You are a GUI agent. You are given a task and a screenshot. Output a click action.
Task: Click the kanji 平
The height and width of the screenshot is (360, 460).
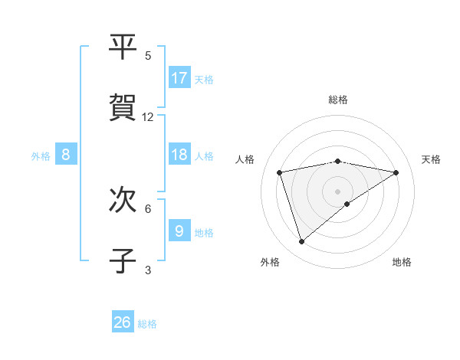click(x=123, y=47)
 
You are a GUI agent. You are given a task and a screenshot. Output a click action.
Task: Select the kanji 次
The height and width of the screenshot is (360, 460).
click(x=123, y=201)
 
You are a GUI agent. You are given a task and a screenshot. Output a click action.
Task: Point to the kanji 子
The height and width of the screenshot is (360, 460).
click(x=123, y=260)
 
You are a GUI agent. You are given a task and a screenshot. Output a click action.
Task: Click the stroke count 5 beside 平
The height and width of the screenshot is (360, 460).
click(x=148, y=55)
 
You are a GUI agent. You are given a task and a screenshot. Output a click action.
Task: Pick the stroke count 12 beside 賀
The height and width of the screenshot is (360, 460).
click(x=148, y=116)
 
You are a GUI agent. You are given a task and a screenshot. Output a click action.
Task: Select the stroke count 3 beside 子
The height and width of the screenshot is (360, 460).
click(x=148, y=270)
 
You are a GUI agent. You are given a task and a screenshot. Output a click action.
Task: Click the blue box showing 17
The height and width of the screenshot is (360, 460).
click(x=179, y=78)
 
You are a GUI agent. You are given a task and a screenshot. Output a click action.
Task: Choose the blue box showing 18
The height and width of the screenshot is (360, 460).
click(x=179, y=155)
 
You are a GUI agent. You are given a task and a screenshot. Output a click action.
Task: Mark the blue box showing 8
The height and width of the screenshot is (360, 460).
click(x=66, y=155)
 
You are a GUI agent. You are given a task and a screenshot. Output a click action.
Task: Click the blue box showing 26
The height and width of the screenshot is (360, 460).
click(x=123, y=322)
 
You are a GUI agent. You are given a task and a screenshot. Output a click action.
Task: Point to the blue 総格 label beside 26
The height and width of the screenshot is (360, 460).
click(x=147, y=324)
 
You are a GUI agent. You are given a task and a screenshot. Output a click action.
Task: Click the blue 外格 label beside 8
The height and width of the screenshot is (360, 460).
click(x=41, y=156)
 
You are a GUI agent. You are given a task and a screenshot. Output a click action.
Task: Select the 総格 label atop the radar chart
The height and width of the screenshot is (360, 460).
click(x=338, y=100)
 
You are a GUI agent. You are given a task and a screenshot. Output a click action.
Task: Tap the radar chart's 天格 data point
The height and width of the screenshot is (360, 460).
click(x=396, y=172)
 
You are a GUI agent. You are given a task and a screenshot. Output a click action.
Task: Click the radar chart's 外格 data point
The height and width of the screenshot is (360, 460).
click(x=302, y=241)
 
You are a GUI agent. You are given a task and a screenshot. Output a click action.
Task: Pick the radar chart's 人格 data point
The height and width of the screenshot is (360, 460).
click(x=280, y=172)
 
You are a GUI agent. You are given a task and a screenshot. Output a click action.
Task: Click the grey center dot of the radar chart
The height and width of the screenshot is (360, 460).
click(x=338, y=191)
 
